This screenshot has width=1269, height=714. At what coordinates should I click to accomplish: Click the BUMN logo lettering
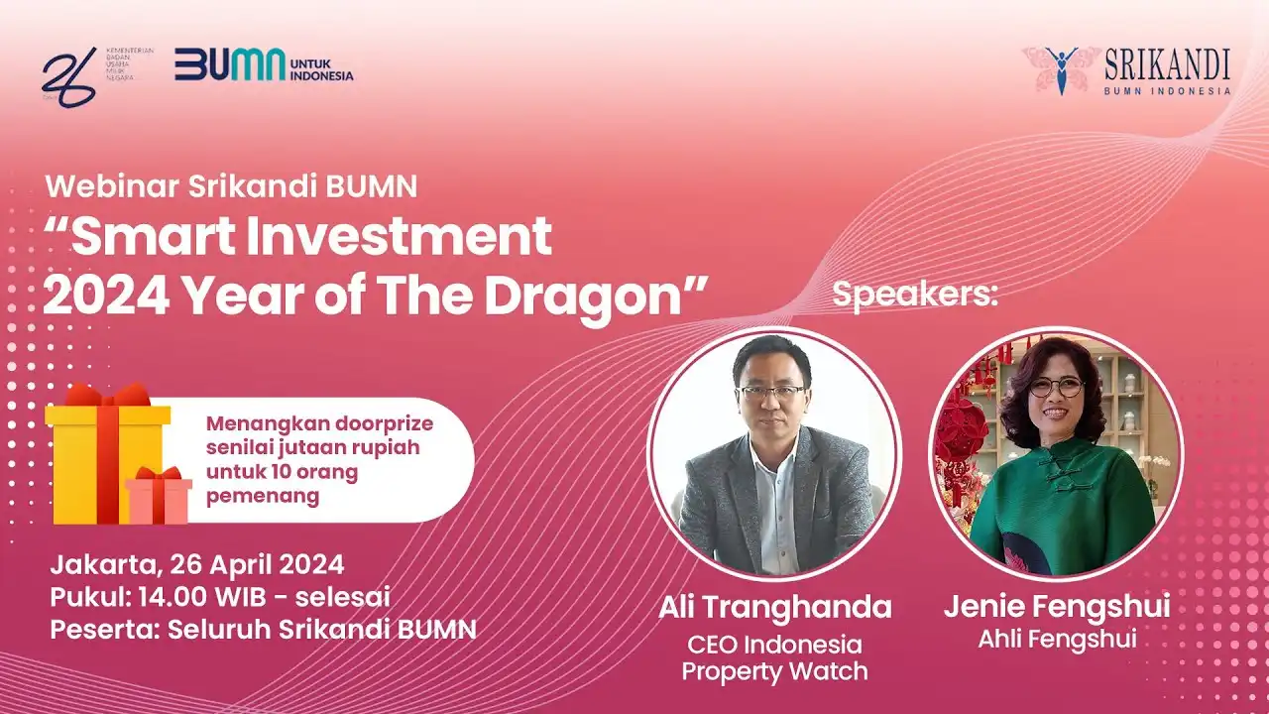[x=230, y=64]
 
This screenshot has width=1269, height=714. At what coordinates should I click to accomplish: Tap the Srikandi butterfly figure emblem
[x=1061, y=70]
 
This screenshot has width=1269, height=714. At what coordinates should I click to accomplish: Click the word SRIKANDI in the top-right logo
[x=1168, y=64]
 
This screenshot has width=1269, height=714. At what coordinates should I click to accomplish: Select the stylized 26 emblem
[x=69, y=77]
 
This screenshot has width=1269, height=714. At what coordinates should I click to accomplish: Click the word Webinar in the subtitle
[x=112, y=186]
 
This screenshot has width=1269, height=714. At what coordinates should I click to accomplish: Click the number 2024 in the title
[x=106, y=297]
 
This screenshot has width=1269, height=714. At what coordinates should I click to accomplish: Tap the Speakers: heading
[x=915, y=295]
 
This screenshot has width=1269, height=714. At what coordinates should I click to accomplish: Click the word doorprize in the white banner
[x=384, y=423]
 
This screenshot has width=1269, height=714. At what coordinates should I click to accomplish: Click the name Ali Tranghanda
[x=775, y=607]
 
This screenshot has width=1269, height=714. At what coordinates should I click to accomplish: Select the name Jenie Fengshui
[x=1057, y=606]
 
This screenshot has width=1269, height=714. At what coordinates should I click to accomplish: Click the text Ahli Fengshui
[x=1057, y=640]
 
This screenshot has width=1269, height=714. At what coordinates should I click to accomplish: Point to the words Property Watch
[x=774, y=671]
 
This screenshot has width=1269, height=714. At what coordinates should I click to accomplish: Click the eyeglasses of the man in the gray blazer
[x=772, y=392]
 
